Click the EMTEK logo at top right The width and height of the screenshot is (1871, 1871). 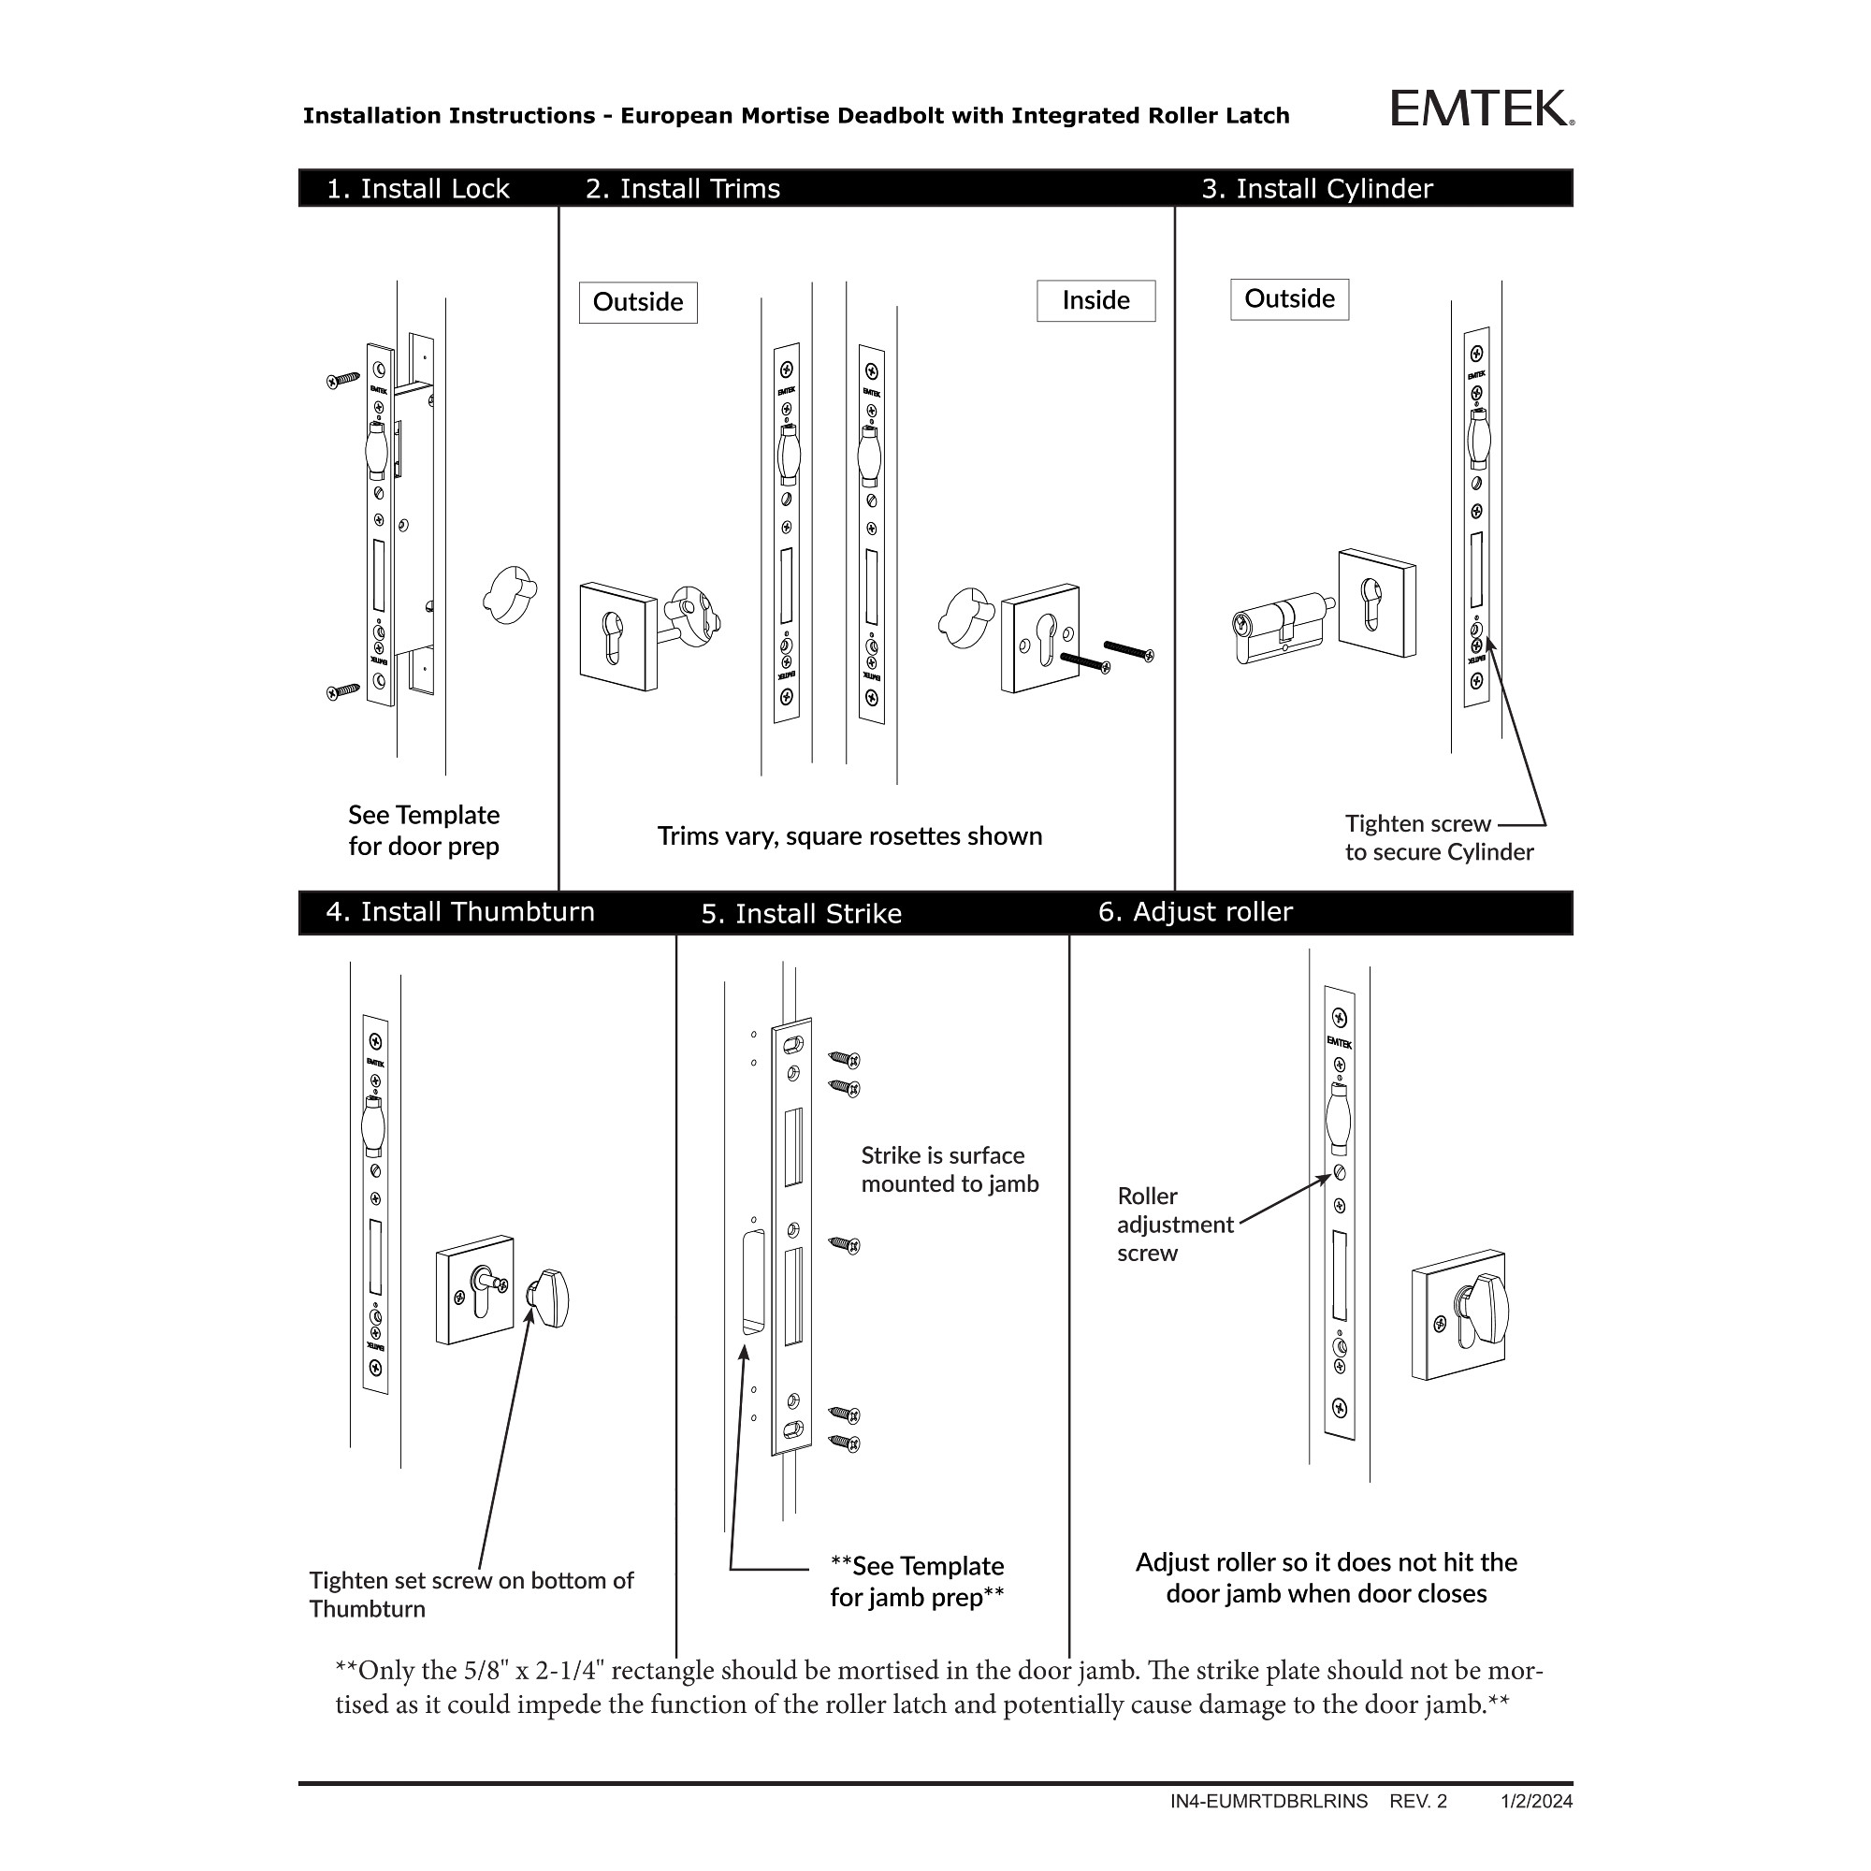coord(1481,109)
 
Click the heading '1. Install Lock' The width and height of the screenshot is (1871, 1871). coord(417,189)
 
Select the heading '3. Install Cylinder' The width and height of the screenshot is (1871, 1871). coord(1316,189)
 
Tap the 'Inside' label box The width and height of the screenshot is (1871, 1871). coord(1095,300)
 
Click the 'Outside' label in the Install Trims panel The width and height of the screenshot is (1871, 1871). coord(637,302)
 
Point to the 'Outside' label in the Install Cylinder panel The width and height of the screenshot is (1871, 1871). coord(1289,298)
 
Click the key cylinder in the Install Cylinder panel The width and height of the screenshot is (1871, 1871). coord(1278,630)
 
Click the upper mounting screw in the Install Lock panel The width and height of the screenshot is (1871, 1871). coord(342,380)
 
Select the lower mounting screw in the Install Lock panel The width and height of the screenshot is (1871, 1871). coord(342,690)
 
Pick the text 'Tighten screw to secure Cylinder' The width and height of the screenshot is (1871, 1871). coord(1438,837)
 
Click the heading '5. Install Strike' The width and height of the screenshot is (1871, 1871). coord(801,913)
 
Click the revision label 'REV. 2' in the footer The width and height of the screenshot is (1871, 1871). coord(1418,1801)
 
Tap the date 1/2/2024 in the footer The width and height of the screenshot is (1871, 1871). coord(1537,1801)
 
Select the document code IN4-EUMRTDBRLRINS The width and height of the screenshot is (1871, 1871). coord(1269,1801)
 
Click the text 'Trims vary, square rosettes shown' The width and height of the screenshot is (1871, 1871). coord(849,835)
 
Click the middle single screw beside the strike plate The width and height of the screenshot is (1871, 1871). coord(845,1244)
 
